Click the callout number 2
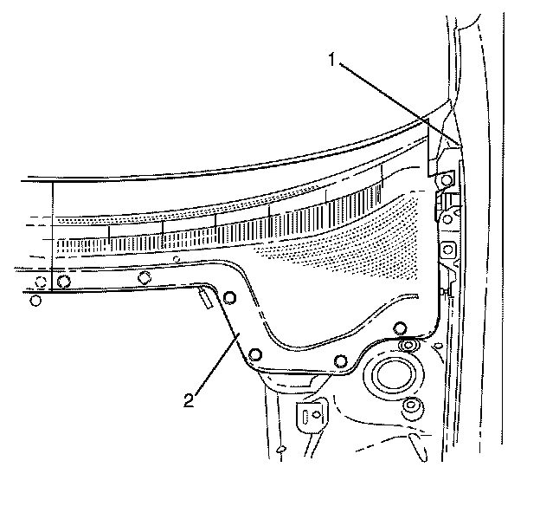point(188,401)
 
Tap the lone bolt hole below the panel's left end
point(35,301)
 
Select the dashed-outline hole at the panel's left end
point(40,281)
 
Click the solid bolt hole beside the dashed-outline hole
point(63,281)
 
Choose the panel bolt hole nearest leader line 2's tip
point(255,355)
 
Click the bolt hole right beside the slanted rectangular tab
point(228,299)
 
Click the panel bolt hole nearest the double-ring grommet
point(400,328)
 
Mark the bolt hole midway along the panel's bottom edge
point(341,360)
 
